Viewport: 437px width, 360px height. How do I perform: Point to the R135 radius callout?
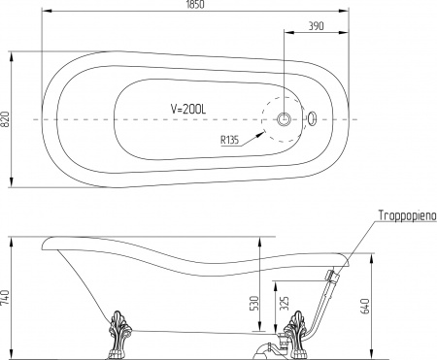coord(231,139)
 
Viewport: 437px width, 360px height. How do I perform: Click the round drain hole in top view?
coord(286,118)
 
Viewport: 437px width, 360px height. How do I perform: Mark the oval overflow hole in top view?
coord(312,118)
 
